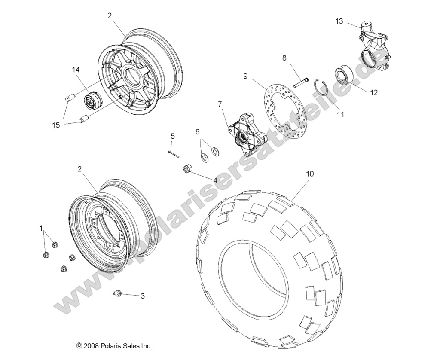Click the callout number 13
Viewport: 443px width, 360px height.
click(x=339, y=21)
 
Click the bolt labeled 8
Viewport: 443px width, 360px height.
click(x=301, y=80)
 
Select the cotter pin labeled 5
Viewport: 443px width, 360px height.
click(x=173, y=152)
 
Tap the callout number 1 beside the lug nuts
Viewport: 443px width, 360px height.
click(x=42, y=228)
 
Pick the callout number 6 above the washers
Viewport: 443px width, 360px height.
click(x=198, y=131)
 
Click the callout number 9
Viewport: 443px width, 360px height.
click(x=245, y=76)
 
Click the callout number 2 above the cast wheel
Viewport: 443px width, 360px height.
click(x=110, y=15)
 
